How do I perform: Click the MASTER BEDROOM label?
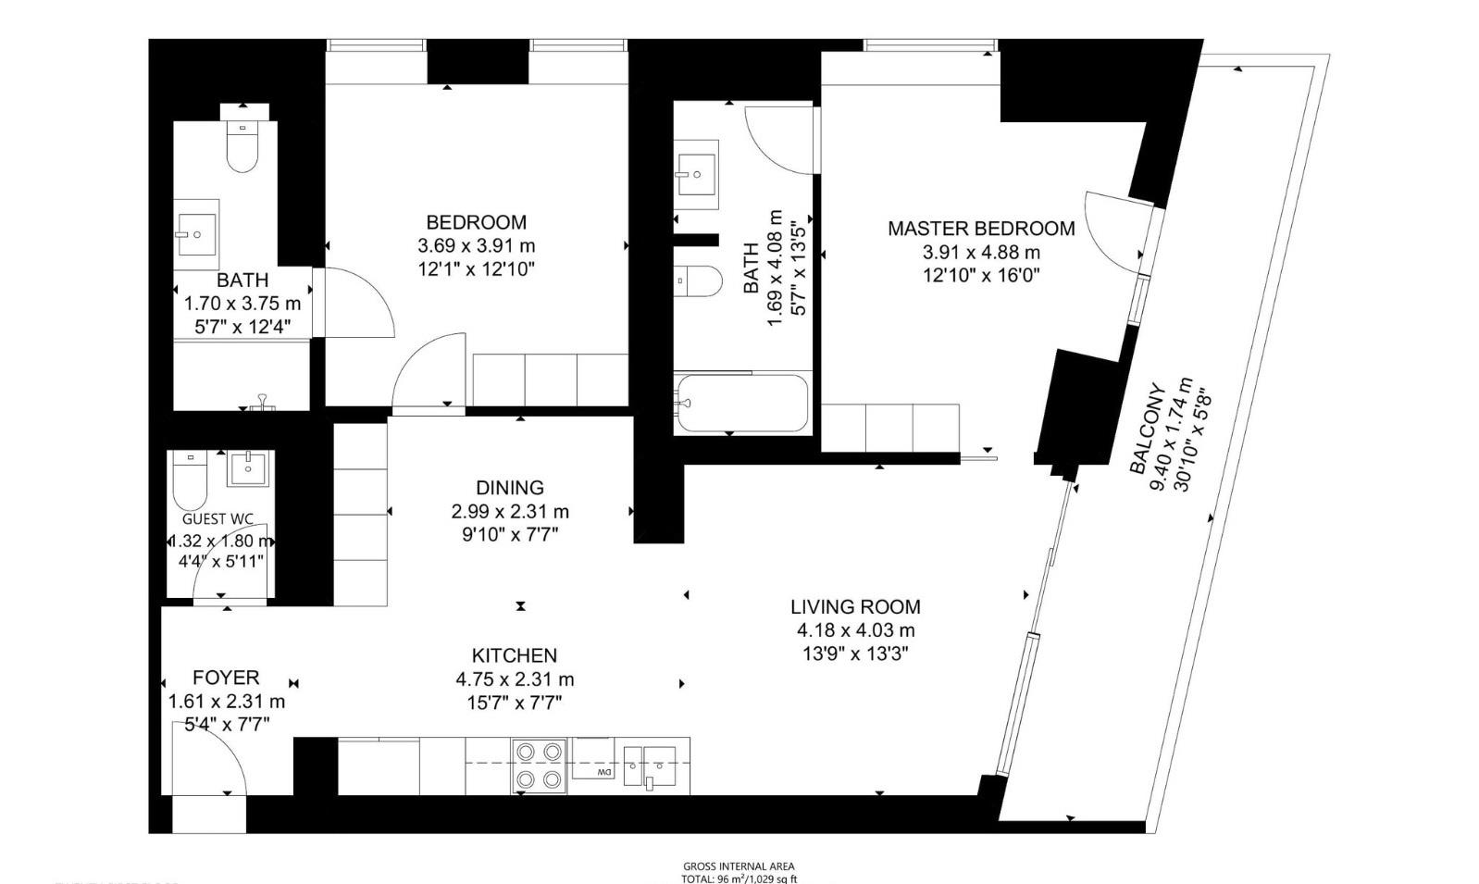point(981,229)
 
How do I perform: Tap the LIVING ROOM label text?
point(855,607)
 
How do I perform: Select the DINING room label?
point(510,488)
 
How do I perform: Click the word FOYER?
point(226,678)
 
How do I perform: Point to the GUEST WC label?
point(217,519)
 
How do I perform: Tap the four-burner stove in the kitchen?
point(539,765)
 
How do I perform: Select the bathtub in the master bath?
point(741,404)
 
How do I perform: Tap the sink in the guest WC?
point(248,467)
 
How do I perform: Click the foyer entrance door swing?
point(207,759)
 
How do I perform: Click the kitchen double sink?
point(655,766)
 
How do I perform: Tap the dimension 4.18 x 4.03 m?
point(855,630)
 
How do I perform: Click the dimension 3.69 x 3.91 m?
point(476,246)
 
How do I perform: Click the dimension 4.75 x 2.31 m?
point(515,679)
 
